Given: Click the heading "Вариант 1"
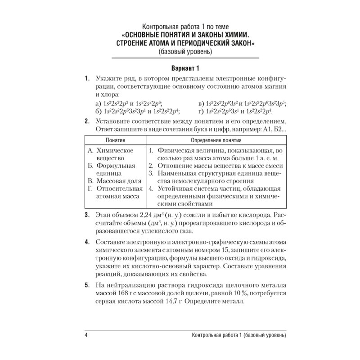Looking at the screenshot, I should pos(179,68).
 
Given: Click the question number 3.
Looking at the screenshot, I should pos(86,215).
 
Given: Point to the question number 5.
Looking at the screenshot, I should pos(86,285).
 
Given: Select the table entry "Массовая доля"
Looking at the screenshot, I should pos(119,181).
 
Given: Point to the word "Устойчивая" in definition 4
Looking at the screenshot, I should pos(175,188).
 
